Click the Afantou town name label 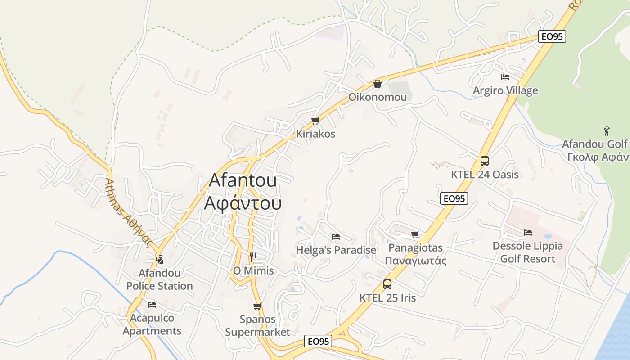(243, 192)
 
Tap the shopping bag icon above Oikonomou (378, 84)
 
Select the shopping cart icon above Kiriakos (315, 121)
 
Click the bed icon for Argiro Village (505, 77)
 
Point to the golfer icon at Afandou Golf (607, 131)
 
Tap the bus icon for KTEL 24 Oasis (485, 161)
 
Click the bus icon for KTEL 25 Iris (387, 284)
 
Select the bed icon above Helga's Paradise (335, 237)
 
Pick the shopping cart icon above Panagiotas (415, 234)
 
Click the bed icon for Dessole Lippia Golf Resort (528, 233)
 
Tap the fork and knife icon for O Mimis (253, 257)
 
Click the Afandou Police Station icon (159, 259)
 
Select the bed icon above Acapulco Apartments (152, 305)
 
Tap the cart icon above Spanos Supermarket (257, 306)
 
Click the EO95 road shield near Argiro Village (552, 36)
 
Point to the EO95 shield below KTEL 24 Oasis (454, 198)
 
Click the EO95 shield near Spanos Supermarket (318, 341)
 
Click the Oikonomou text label (378, 97)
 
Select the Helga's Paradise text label (336, 250)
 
